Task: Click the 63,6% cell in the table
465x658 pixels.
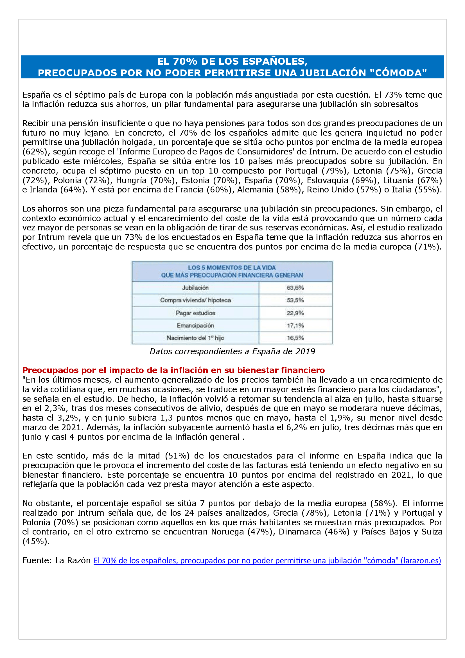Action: click(x=295, y=288)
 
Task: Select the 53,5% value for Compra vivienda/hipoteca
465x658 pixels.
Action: click(x=295, y=300)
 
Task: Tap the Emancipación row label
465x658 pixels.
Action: click(x=195, y=325)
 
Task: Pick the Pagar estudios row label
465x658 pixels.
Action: click(x=195, y=313)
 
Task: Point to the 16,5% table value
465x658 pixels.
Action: click(x=295, y=338)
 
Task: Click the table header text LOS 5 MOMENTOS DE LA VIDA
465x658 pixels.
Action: click(x=232, y=268)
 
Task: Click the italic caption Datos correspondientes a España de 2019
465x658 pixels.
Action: click(x=232, y=351)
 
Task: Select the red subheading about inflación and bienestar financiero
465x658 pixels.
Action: click(x=173, y=370)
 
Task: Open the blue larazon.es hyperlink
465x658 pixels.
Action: click(x=267, y=561)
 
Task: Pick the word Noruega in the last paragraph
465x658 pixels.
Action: click(x=227, y=532)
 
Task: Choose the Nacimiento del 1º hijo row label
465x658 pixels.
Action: click(x=195, y=338)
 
